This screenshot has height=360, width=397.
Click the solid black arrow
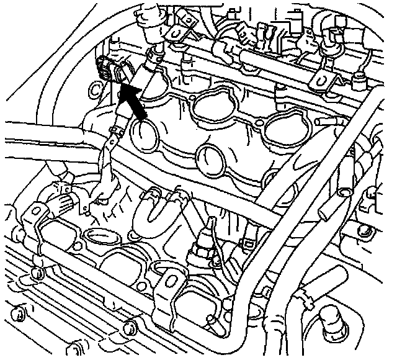135,102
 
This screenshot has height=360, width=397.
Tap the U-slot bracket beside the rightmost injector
321,79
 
